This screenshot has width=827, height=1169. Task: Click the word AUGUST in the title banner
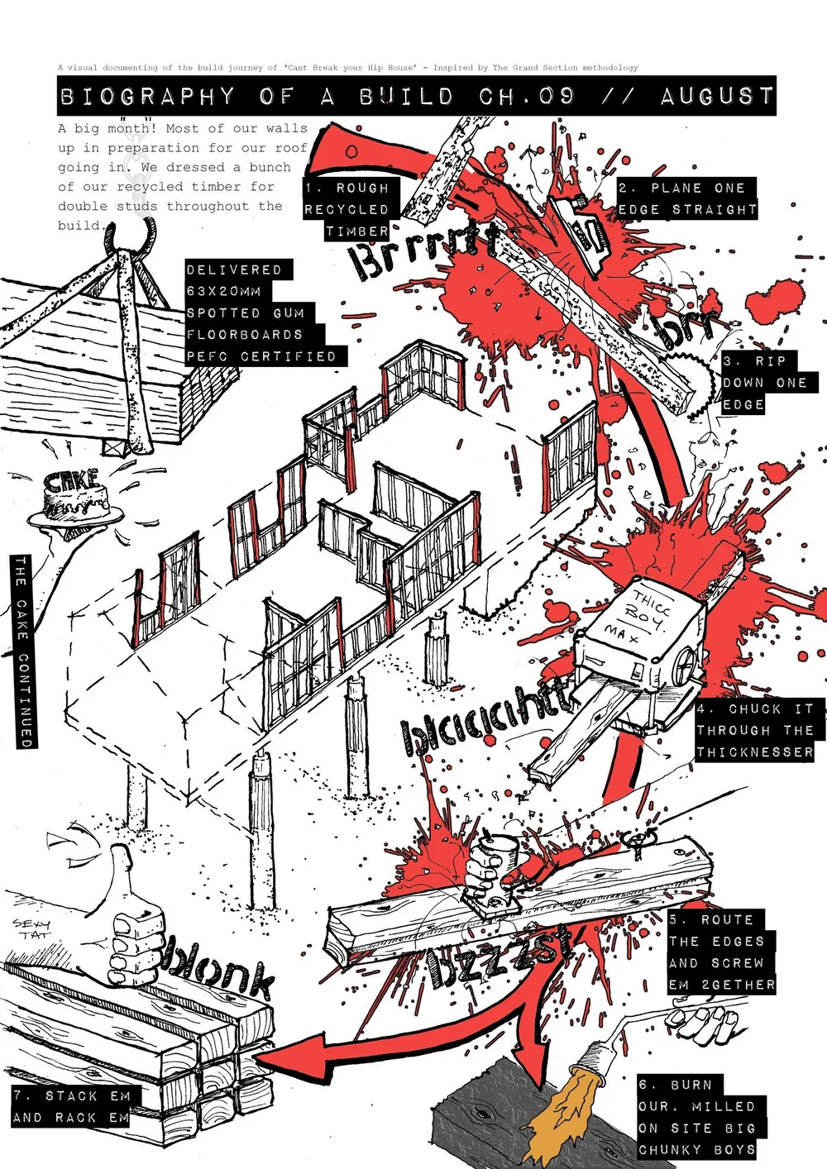point(716,97)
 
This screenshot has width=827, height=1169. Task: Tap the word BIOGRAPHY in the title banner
point(147,97)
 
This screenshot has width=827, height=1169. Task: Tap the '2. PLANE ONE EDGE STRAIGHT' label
point(687,199)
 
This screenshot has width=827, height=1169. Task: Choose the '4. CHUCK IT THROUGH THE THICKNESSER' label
point(755,731)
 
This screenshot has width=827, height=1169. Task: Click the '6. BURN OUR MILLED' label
point(697,1117)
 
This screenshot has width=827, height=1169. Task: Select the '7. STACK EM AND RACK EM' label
point(72,1106)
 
